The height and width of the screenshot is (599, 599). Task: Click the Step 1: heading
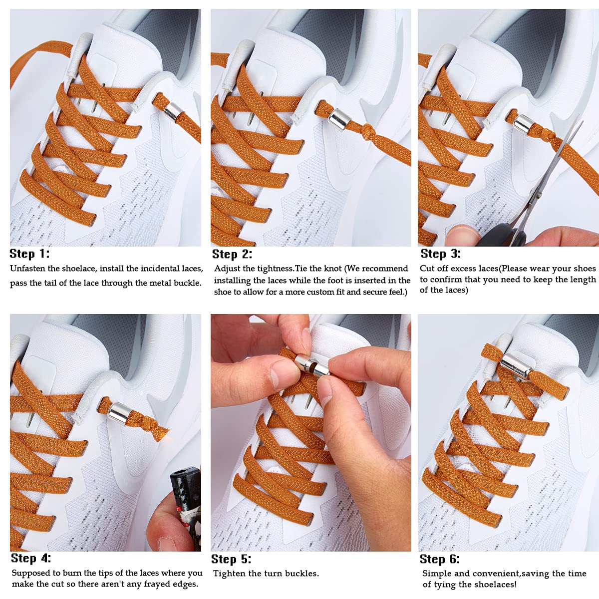pyautogui.click(x=29, y=254)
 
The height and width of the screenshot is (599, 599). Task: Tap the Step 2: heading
pyautogui.click(x=232, y=254)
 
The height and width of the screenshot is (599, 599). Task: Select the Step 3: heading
pyautogui.click(x=440, y=254)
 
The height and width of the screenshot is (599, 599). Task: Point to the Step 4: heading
pyautogui.click(x=30, y=558)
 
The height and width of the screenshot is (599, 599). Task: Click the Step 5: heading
pyautogui.click(x=231, y=559)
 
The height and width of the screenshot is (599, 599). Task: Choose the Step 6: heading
pyautogui.click(x=440, y=559)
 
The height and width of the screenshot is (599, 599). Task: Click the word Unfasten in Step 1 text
pyautogui.click(x=28, y=269)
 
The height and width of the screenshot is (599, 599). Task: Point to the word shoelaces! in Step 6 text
pyautogui.click(x=494, y=585)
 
